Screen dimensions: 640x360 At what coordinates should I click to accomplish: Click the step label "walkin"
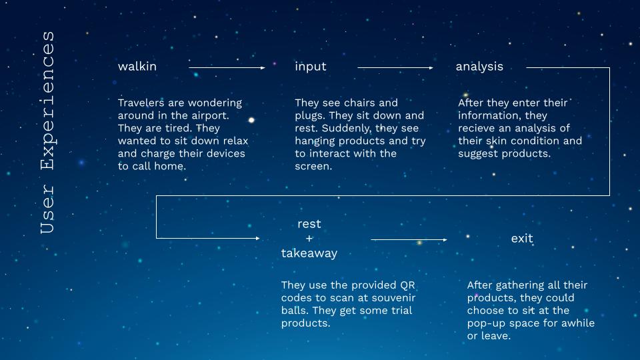tap(137, 67)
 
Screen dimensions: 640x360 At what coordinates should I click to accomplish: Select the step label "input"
tap(311, 67)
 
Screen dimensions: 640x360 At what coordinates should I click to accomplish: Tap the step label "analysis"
tap(479, 67)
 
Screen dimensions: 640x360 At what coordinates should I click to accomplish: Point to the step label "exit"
tap(522, 239)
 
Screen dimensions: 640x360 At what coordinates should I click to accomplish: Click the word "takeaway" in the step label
tap(309, 253)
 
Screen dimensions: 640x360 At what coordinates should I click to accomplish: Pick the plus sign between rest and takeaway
tap(309, 239)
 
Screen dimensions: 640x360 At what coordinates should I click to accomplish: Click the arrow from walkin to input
tap(227, 68)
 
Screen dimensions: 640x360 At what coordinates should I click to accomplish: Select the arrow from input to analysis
tap(395, 68)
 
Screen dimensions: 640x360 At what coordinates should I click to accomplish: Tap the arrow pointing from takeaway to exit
tap(409, 239)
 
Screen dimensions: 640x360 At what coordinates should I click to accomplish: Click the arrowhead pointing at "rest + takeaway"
tap(257, 238)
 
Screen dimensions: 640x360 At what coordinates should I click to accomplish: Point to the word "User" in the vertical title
tap(47, 209)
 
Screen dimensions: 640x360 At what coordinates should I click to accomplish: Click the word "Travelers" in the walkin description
tap(141, 103)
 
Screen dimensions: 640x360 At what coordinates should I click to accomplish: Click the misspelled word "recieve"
tap(477, 129)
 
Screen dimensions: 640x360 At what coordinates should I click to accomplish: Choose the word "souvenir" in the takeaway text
tap(393, 298)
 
